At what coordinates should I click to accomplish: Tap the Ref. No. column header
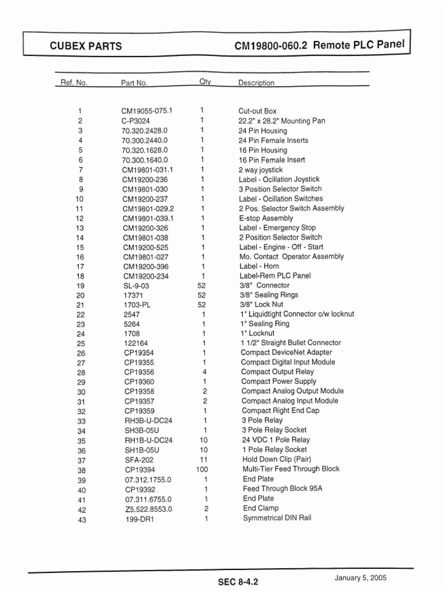pos(74,83)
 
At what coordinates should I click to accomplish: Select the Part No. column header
pos(134,83)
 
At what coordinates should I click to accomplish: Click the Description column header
pos(256,83)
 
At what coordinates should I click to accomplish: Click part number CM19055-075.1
pos(147,110)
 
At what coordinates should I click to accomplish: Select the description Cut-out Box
pos(258,110)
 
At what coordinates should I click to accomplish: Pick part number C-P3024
pos(136,121)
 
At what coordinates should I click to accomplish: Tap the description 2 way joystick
pos(261,170)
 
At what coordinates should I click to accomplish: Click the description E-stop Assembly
pos(266,219)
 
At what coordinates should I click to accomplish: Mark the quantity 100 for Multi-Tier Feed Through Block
pos(202,469)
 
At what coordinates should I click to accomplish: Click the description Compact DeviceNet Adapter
pos(287,352)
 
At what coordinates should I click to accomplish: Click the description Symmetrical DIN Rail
pos(277,518)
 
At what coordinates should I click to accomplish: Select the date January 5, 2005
pos(360,578)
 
